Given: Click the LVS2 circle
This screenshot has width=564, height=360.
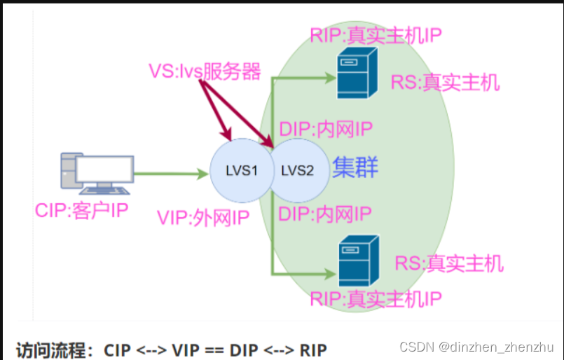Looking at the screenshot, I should click(x=298, y=170).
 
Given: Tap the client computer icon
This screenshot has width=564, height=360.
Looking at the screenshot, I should click(x=97, y=173).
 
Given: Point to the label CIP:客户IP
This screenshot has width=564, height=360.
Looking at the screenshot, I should click(x=81, y=210).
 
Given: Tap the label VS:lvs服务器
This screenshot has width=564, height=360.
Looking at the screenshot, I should click(x=205, y=71).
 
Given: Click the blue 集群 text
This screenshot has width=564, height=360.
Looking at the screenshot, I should click(x=355, y=168).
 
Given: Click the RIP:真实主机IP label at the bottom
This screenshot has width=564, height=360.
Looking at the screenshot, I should click(x=376, y=299).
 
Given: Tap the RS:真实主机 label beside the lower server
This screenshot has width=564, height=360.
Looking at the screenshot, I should click(x=448, y=263).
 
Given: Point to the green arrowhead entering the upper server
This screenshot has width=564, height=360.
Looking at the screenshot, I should click(x=329, y=78).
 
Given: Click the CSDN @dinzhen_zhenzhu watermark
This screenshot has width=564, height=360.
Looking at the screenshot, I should click(x=476, y=347).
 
